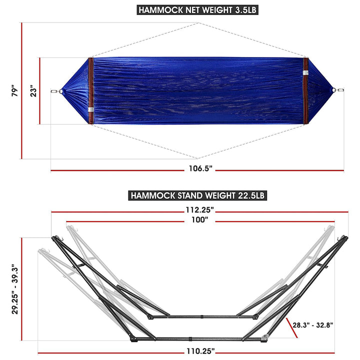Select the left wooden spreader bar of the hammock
click(x=90, y=91)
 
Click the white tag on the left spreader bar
click(x=90, y=109)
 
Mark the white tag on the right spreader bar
click(x=305, y=73)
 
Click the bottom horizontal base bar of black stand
click(x=200, y=338)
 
